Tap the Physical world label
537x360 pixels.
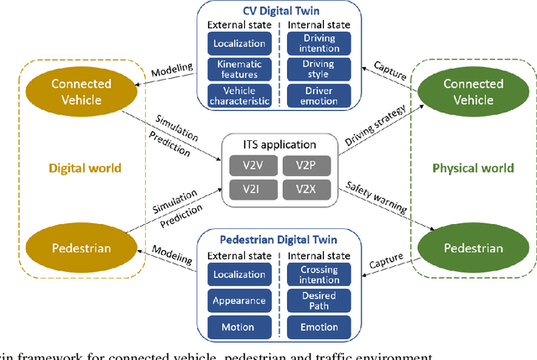click(x=472, y=168)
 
